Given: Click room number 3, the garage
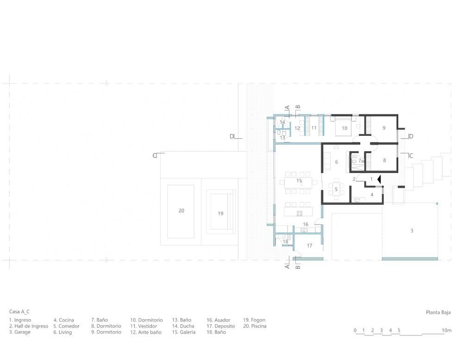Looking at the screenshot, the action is pos(412,231).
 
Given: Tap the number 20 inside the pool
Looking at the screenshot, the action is pos(181,211).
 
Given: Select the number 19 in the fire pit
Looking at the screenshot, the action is pos(220,214).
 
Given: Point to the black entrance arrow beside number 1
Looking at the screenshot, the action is pos(379,179).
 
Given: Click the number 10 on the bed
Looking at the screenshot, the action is pos(344,128).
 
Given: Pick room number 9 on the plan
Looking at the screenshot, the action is pos(384,128).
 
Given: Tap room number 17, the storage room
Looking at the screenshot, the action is pos(309,246).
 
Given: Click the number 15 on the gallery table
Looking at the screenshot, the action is pos(299,181).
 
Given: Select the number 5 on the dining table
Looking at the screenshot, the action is pos(336,189).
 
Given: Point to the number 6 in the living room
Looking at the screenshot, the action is pos(336,162).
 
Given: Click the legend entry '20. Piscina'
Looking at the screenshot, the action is pos(255,326).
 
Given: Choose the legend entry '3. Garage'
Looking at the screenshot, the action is pos(20,332).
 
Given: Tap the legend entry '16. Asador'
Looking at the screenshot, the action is pos(219,320).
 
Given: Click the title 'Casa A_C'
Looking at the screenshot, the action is pos(19,311).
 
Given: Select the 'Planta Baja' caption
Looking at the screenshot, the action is pos(438,312).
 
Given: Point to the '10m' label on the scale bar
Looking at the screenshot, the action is pos(446,330).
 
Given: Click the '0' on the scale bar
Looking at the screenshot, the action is pos(355,330).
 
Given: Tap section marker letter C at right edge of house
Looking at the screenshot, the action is pos(411,156).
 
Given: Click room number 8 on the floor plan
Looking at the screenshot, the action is pos(384,160).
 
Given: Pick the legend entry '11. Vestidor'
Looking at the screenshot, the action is pos(144,326).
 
